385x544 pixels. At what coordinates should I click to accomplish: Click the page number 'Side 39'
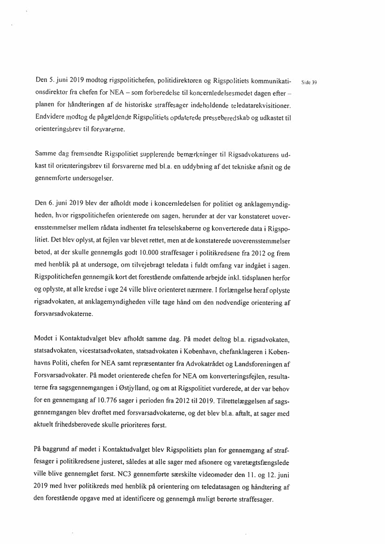click(x=309, y=82)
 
